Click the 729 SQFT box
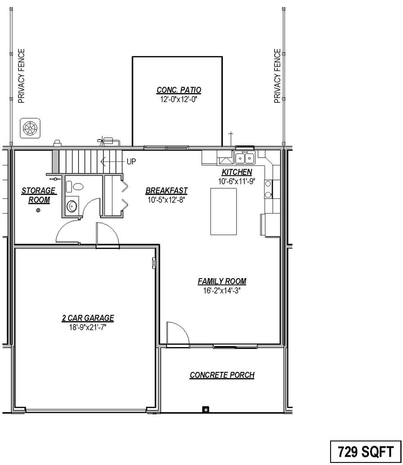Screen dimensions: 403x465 point(366,452)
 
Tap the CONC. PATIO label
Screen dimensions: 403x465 point(179,90)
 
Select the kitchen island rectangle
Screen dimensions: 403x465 point(224,211)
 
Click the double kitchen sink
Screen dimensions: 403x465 point(245,158)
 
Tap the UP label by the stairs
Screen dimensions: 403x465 point(131,161)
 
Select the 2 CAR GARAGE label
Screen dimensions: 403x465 point(88,318)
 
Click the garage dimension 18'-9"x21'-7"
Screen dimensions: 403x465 point(88,327)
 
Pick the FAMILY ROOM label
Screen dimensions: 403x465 point(222,281)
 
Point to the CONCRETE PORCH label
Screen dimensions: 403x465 point(222,375)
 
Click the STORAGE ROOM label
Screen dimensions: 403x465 point(39,195)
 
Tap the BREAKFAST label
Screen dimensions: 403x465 point(166,190)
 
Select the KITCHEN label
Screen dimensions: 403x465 point(237,172)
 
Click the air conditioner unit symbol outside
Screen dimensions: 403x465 point(30,128)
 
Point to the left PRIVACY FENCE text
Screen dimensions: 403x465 point(22,76)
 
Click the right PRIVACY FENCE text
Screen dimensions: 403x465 point(277,76)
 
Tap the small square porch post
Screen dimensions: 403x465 point(206,409)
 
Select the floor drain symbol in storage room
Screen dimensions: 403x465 point(38,210)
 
